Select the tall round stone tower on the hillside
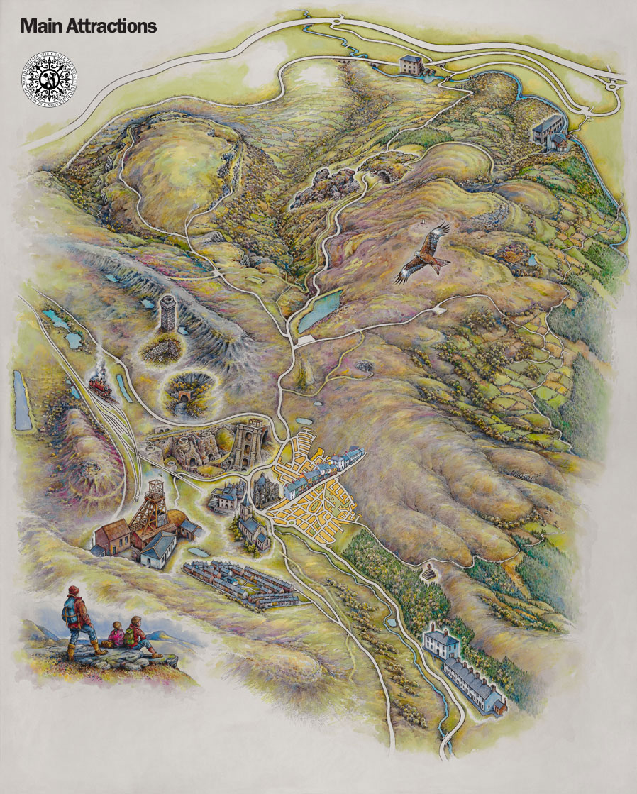click(x=168, y=313)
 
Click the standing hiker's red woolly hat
click(x=74, y=590)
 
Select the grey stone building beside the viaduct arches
click(x=411, y=65)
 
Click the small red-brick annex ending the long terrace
click(x=501, y=707)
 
